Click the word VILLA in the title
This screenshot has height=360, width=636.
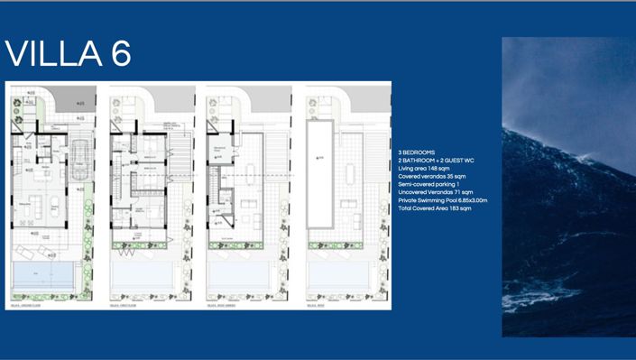click(51, 54)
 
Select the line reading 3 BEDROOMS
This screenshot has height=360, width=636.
click(421, 153)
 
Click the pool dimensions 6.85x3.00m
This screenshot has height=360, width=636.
click(468, 200)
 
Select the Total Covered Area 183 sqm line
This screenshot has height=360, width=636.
click(440, 208)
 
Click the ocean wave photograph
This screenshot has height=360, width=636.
click(568, 186)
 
